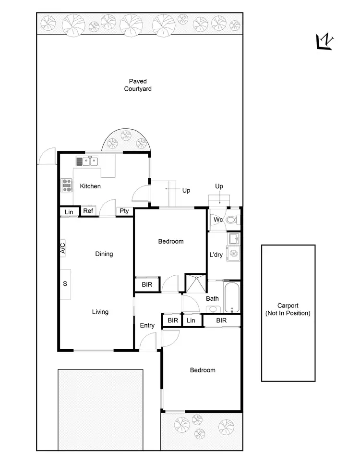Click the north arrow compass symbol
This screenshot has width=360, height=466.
[325, 43]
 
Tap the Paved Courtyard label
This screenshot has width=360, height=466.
[138, 85]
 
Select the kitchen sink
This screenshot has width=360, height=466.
[87, 162]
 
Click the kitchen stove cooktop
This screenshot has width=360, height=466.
[66, 185]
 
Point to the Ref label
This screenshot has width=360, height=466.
[88, 211]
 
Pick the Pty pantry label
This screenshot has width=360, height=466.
[124, 211]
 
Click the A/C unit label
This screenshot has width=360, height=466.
[62, 248]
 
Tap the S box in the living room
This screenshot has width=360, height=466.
[65, 283]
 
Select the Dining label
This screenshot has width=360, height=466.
[104, 254]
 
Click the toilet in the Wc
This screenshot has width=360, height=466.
[231, 221]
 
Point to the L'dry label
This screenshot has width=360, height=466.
[216, 255]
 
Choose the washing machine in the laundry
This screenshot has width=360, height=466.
[233, 253]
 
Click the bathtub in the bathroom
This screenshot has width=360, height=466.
[231, 297]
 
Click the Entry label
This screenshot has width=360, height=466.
[147, 325]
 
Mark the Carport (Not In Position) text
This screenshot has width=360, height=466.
[288, 309]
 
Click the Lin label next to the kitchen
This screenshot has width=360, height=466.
[69, 211]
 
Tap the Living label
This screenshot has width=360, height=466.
[100, 312]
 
